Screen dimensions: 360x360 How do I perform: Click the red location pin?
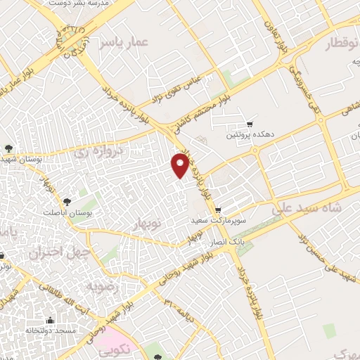pos(180,165)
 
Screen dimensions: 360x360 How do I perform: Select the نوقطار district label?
pos(341,45)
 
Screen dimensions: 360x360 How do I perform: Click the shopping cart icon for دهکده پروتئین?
pos(249,124)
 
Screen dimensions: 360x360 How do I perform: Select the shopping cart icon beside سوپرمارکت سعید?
pos(218,210)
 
